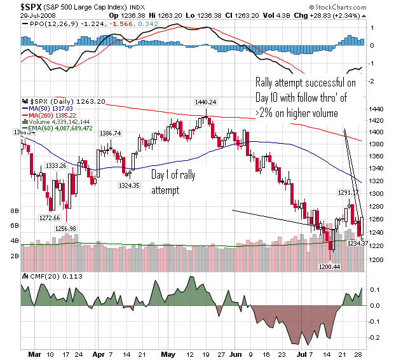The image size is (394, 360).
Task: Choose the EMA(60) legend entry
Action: (x=65, y=128)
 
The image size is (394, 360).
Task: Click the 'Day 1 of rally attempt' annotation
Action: (x=172, y=181)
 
